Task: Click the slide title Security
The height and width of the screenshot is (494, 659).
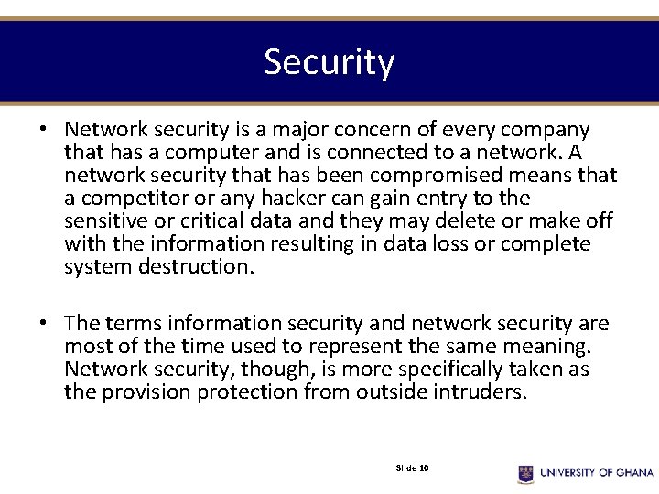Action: [x=329, y=62]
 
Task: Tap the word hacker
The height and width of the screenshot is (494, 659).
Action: [x=294, y=199]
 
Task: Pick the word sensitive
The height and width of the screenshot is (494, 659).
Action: [x=104, y=221]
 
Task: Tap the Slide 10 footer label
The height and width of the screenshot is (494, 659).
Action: [x=413, y=468]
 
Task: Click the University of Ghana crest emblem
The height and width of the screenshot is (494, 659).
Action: [x=525, y=473]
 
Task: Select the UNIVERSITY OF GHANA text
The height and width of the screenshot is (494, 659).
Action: [x=596, y=473]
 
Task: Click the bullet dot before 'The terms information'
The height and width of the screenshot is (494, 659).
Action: [x=43, y=324]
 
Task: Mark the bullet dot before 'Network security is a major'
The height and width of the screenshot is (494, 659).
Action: [x=43, y=130]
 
